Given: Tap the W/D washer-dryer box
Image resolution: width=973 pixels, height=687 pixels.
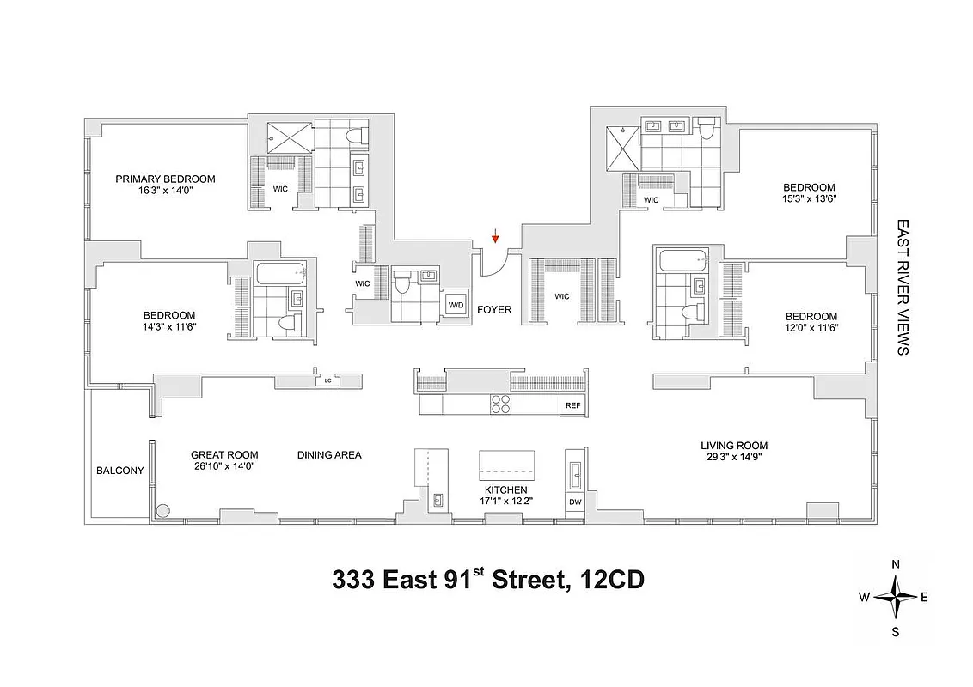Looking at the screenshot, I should coord(454,306).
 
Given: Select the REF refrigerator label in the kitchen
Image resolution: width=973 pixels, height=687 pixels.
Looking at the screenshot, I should coord(572,405).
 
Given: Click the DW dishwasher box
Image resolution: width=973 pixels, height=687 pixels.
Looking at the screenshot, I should coord(574,502).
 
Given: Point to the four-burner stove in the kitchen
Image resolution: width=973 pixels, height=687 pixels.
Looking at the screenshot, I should coord(500,404).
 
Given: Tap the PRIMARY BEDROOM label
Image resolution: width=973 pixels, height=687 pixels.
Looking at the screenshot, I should coord(166,179).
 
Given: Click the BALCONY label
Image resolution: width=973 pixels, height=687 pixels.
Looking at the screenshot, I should coord(120,471).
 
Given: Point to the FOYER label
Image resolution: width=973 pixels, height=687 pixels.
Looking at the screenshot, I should coord(494,310).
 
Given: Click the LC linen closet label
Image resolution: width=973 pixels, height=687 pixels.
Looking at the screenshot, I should coord(327,379).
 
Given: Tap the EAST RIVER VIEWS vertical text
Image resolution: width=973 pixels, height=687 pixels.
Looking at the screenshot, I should coord(903,287).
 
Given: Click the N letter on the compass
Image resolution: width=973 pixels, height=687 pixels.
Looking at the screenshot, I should coord(896,565).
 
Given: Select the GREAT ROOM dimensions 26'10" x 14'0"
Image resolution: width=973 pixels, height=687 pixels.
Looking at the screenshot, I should coord(224,467).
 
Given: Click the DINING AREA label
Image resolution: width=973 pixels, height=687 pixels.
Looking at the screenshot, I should coord(329,455).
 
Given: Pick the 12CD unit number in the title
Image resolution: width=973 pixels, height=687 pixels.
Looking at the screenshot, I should coord(610,581).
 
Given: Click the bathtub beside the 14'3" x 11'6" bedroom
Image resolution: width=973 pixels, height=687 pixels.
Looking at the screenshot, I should coord(280,275).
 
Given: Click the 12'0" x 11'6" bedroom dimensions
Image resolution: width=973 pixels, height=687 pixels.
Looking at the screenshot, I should coord(810,328).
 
